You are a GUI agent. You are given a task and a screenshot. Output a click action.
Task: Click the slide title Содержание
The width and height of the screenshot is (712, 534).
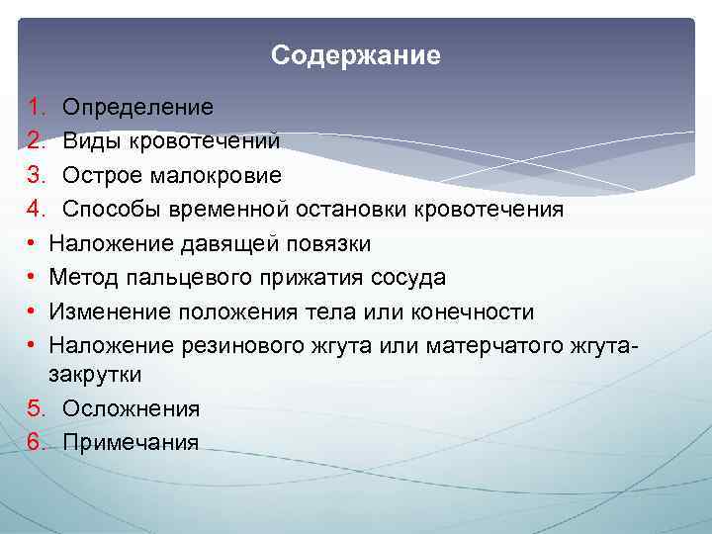click(x=356, y=55)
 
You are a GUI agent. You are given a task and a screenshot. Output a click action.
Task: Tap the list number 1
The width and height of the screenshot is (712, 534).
click(x=33, y=106)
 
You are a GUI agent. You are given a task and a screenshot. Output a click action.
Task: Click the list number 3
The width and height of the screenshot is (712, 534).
click(x=34, y=175)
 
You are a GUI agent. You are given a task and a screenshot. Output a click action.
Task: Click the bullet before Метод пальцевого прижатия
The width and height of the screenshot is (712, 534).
click(x=33, y=278)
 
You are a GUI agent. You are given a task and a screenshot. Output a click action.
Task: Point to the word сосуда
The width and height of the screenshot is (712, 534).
click(x=405, y=278)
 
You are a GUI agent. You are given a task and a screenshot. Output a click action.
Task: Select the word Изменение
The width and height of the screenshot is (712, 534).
click(x=111, y=312)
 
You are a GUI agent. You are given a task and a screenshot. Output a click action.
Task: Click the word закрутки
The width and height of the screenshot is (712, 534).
click(x=95, y=374)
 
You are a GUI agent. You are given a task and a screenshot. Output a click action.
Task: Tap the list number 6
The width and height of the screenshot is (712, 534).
click(x=34, y=442)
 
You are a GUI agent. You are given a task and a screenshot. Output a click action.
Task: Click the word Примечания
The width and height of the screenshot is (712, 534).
click(x=131, y=442)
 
